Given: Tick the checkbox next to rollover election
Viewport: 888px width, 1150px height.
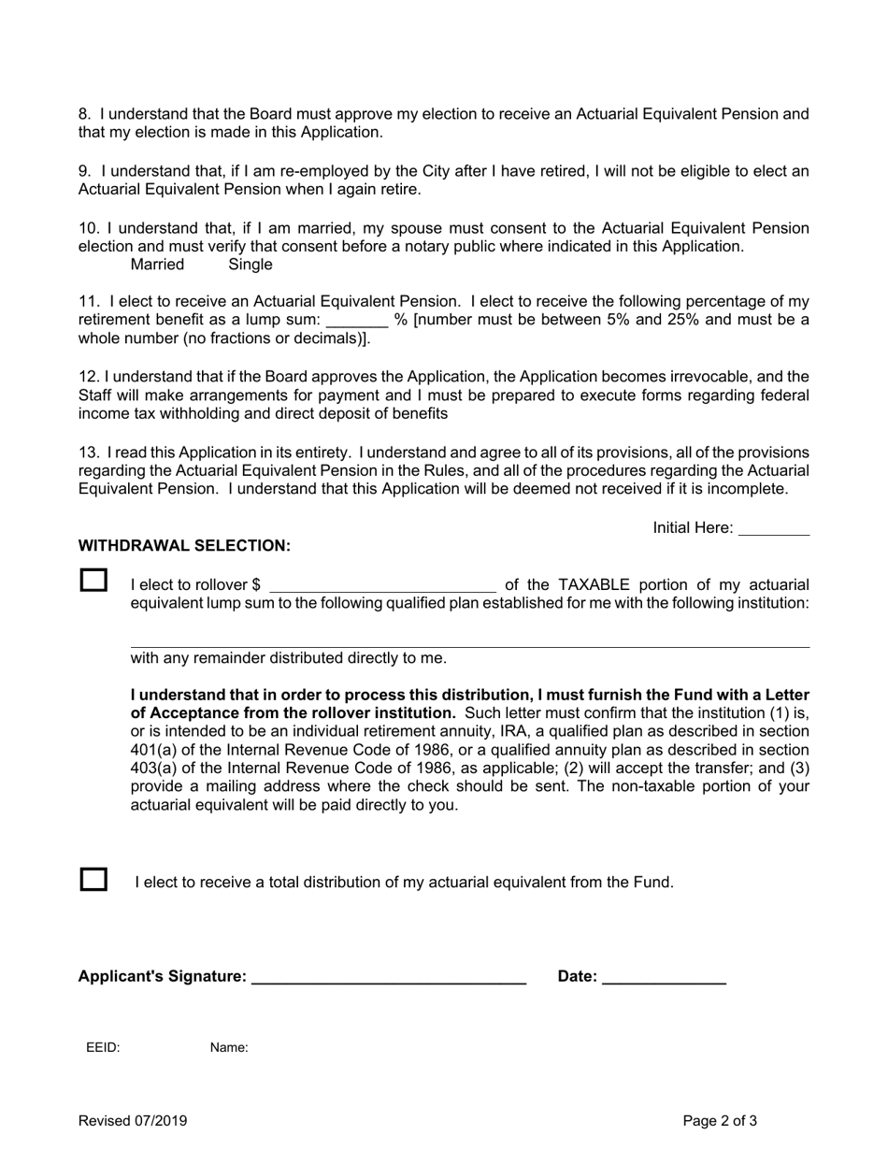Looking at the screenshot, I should [93, 580].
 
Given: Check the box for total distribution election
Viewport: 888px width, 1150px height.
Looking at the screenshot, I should [93, 880].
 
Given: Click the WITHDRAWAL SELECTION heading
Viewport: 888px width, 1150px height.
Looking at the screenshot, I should [184, 545].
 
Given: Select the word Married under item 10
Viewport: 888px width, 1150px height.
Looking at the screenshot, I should [157, 265].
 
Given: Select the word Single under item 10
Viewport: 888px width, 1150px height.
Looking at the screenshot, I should [251, 265].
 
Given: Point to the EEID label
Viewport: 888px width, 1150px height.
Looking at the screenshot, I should [103, 1048].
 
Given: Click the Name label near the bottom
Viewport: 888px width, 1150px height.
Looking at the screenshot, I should [229, 1048].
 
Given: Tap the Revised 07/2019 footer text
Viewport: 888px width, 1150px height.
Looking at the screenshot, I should [133, 1121].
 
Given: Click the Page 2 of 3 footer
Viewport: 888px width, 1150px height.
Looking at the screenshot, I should [720, 1121].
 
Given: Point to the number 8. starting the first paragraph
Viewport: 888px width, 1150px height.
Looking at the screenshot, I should [84, 114].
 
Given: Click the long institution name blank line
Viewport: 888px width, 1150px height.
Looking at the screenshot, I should [469, 640].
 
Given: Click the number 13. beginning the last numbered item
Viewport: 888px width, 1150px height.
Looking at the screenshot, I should [89, 453].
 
